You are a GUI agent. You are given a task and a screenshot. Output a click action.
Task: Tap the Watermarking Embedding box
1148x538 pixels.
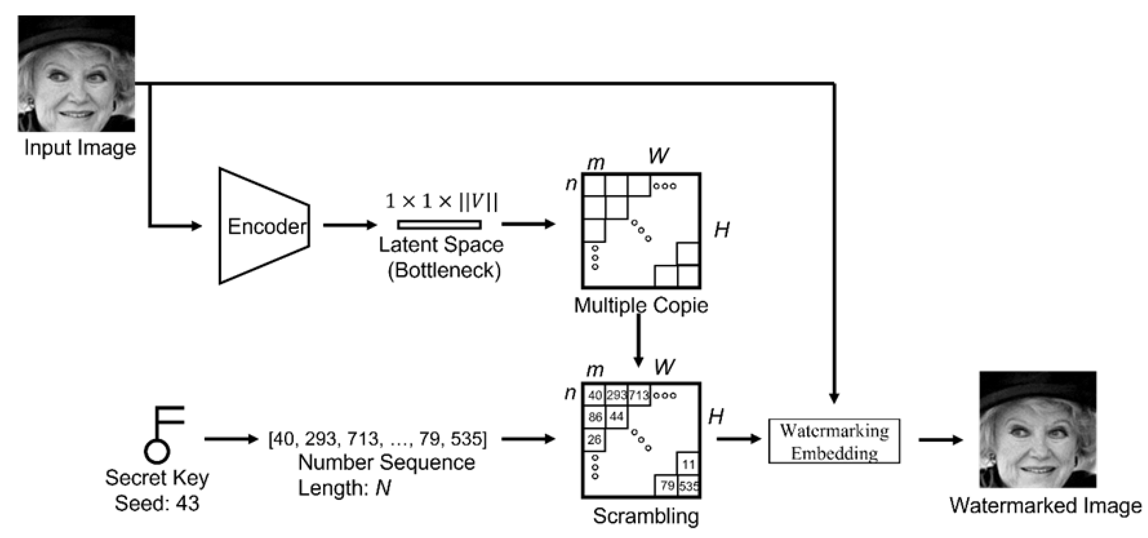point(834,441)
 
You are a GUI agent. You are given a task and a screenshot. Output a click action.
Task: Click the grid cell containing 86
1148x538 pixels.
point(595,417)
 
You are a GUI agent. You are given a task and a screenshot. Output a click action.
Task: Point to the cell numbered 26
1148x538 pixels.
point(594,440)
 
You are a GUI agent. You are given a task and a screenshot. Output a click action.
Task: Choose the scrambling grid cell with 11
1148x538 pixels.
point(688,464)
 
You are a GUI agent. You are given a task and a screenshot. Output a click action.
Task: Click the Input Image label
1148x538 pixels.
point(80,148)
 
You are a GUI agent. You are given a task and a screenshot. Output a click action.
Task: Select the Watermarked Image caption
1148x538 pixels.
point(1046,506)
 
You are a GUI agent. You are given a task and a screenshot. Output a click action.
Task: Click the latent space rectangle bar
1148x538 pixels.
point(439,225)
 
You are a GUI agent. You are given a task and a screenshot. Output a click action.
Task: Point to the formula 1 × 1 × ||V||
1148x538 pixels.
point(441,201)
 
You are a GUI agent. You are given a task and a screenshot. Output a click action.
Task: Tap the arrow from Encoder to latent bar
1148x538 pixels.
point(349,225)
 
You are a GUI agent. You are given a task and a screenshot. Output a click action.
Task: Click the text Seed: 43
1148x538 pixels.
point(157,503)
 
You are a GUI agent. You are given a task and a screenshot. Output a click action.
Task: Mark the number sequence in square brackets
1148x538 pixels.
point(377,439)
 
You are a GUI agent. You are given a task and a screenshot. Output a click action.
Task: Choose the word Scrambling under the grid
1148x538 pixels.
point(646,516)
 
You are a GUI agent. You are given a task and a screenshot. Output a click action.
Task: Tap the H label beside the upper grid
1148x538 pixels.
point(722,230)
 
